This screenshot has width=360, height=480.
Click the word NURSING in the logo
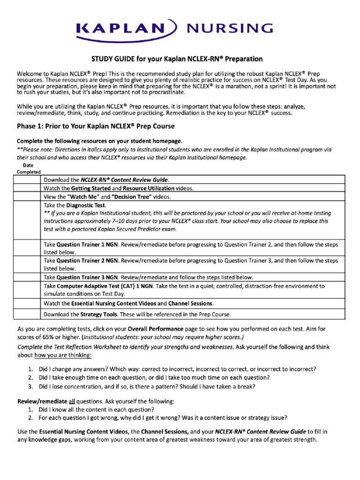[230, 29]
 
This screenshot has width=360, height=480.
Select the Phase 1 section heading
[96, 126]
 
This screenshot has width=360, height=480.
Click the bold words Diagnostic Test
[86, 205]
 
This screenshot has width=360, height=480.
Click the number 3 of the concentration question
[30, 387]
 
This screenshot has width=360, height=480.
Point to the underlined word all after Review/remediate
[73, 402]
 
